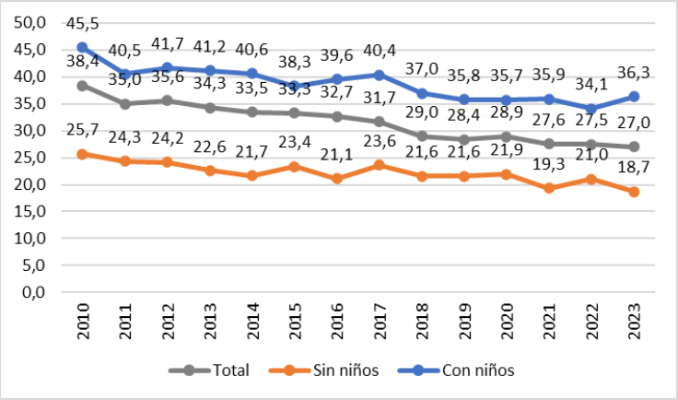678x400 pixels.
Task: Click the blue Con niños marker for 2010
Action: point(82,47)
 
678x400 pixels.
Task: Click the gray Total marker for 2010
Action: point(82,86)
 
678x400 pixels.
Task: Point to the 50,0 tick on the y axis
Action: point(34,22)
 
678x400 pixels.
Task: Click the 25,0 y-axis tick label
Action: point(34,158)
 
